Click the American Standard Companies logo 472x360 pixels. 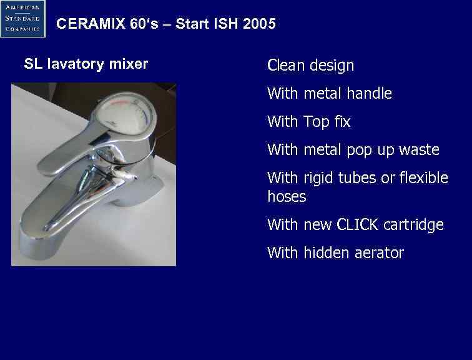[x=23, y=19]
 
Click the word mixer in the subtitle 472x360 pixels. [x=129, y=64]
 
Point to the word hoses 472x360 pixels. [x=287, y=197]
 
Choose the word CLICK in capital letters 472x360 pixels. [x=358, y=225]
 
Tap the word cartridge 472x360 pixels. [x=414, y=225]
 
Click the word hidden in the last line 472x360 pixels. [x=323, y=253]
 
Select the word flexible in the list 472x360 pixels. [x=424, y=178]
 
